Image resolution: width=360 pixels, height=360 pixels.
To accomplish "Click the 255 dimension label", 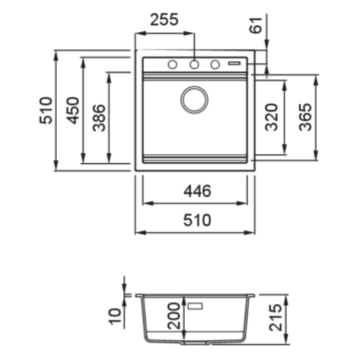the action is point(164,20).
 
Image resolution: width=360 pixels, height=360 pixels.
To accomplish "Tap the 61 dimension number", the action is point(256,25).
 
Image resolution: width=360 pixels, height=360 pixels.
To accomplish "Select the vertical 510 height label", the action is point(46,111).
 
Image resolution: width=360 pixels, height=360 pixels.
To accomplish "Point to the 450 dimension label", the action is point(73,111).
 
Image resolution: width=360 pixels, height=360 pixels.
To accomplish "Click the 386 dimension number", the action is point(99,118).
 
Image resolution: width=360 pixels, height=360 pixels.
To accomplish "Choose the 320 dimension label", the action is point(272,117).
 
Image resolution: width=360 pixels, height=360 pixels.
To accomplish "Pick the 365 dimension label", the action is point(306,117).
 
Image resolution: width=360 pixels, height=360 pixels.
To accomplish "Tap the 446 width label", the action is point(197,191).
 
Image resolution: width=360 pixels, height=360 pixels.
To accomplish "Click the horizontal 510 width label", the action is point(197,220).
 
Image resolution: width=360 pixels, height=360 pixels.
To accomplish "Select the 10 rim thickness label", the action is point(115,316).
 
